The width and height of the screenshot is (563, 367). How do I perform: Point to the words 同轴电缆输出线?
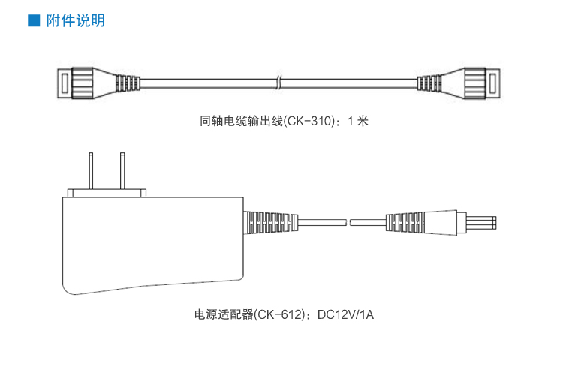pyautogui.click(x=241, y=120)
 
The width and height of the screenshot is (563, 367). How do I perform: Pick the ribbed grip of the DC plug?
pyautogui.click(x=406, y=222)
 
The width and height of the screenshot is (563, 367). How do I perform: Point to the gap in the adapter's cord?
pyautogui.click(x=350, y=222)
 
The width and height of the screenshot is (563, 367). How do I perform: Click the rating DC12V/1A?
pyautogui.click(x=345, y=315)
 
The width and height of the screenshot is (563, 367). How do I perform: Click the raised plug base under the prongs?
pyautogui.click(x=106, y=194)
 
